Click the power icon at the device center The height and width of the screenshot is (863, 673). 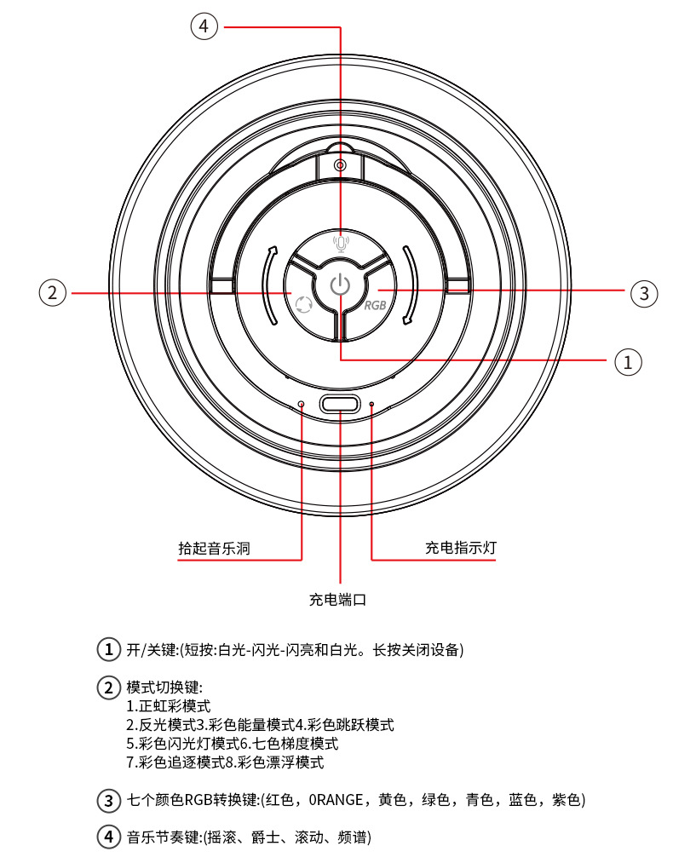click(340, 285)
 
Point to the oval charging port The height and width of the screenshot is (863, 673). click(339, 405)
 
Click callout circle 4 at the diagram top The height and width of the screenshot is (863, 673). click(203, 26)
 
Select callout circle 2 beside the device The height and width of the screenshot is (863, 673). click(53, 293)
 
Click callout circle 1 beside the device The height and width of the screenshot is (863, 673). click(628, 361)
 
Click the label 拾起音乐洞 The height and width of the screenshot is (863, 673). click(214, 548)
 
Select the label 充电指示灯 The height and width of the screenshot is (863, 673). click(460, 548)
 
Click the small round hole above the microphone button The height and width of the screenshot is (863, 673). click(340, 164)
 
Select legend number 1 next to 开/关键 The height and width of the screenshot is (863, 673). click(108, 649)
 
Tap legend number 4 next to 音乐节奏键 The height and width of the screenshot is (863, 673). click(108, 837)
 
